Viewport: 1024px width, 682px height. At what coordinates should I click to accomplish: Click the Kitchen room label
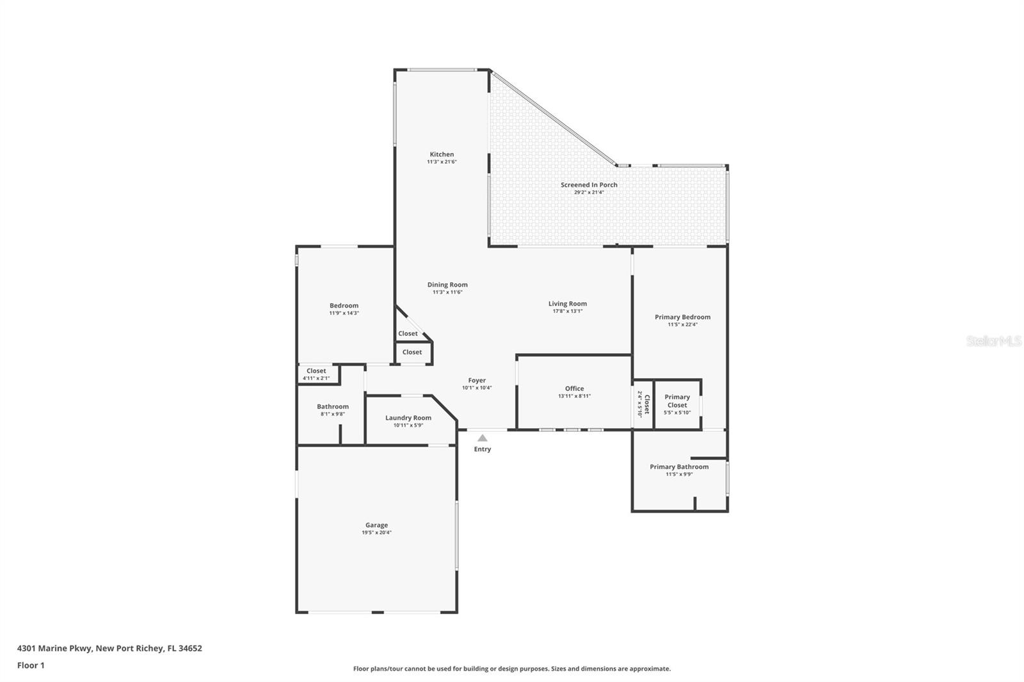coord(442,154)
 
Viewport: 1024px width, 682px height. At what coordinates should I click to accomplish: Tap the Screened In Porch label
coord(589,185)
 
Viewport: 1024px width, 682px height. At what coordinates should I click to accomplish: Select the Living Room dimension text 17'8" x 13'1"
coord(568,312)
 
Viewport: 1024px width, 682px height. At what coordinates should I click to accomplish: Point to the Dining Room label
coord(447,285)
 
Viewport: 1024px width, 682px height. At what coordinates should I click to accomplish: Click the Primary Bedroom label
coord(682,317)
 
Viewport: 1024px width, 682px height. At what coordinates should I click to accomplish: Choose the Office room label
coord(574,388)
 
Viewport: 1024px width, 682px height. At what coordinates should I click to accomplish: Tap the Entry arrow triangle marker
coord(483,438)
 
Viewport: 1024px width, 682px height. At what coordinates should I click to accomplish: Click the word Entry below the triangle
coord(483,449)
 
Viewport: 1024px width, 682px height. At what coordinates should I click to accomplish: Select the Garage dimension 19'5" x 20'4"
coord(376,532)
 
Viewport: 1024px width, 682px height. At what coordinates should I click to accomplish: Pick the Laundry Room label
coord(408,418)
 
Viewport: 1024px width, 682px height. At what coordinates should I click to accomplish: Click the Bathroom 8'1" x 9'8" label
coord(333,407)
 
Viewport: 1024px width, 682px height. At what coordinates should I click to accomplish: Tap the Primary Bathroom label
coord(679,466)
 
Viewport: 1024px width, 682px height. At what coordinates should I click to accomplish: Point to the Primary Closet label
coord(677,400)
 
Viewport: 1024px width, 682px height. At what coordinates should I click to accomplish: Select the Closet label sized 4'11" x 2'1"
coord(316,371)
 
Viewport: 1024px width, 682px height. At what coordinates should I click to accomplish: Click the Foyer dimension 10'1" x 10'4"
coord(477,388)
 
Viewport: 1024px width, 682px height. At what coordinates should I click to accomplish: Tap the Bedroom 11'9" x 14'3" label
coord(344,306)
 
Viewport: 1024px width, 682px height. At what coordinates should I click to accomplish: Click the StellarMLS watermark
coord(993,342)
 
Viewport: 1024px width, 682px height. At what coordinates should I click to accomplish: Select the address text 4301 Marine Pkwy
coord(54,648)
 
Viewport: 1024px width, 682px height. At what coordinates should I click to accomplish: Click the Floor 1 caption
coord(31,665)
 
